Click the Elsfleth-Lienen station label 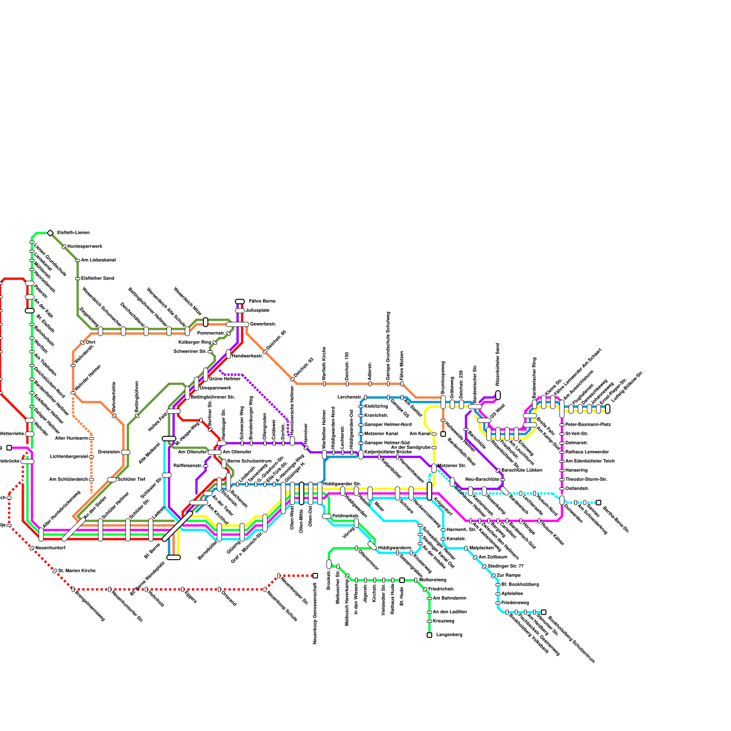point(73,233)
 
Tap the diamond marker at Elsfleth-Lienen point(50,233)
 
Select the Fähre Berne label point(262,302)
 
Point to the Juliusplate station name point(257,311)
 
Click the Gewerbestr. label point(263,324)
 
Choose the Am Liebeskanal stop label point(98,260)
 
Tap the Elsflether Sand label point(97,279)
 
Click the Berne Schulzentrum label point(249,461)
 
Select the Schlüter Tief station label point(131,480)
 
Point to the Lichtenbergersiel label point(69,457)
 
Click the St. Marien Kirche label point(77,571)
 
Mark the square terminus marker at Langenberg point(429,635)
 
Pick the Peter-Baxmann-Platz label point(588,425)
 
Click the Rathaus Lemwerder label point(587,452)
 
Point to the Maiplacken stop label point(482,548)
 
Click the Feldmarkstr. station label point(346,516)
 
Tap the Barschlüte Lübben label point(522,471)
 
